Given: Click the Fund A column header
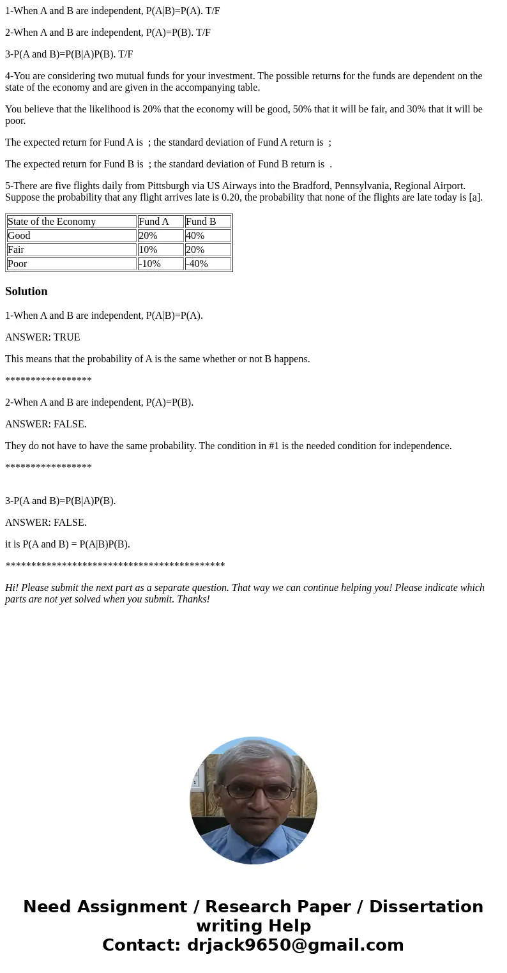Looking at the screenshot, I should (154, 222).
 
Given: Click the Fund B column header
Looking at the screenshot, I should (201, 222).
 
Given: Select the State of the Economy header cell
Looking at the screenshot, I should (52, 222).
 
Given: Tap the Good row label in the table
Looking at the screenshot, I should (19, 236).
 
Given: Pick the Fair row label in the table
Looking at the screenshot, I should (16, 250).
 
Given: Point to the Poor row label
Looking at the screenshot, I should (17, 264).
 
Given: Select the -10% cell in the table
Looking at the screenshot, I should (150, 264).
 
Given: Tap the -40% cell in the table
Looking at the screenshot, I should (197, 264).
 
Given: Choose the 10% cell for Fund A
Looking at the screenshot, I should (148, 250).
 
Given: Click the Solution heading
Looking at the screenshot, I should (26, 291).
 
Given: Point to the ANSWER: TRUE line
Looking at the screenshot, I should (43, 337).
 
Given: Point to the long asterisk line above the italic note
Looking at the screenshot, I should (115, 566).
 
